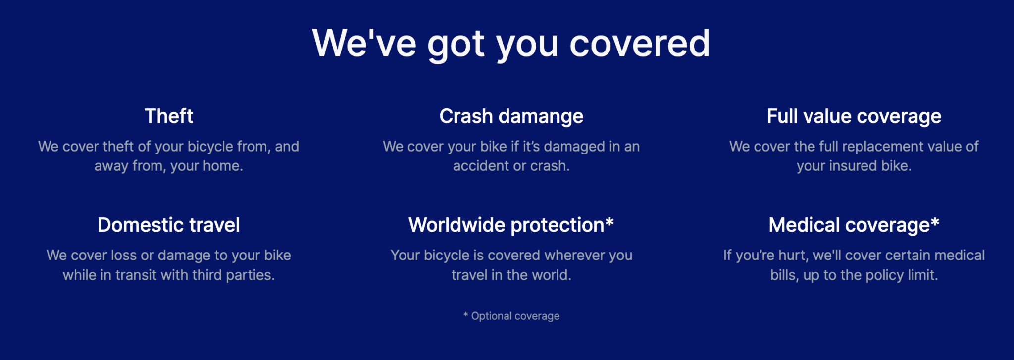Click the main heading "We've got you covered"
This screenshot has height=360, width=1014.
click(x=511, y=44)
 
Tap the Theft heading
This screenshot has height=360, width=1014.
click(x=168, y=116)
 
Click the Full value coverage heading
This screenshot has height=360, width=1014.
click(x=854, y=116)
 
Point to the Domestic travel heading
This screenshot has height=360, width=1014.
click(x=168, y=225)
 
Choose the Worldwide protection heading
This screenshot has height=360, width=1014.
click(x=506, y=225)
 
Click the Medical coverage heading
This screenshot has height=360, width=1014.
click(x=849, y=225)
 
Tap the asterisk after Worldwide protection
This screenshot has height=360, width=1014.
click(x=609, y=222)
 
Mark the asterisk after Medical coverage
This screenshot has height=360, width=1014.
click(x=935, y=222)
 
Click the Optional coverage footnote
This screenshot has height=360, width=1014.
click(x=511, y=316)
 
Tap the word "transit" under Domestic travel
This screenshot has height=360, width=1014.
click(x=136, y=275)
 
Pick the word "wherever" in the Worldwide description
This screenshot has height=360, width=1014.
click(x=574, y=256)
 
